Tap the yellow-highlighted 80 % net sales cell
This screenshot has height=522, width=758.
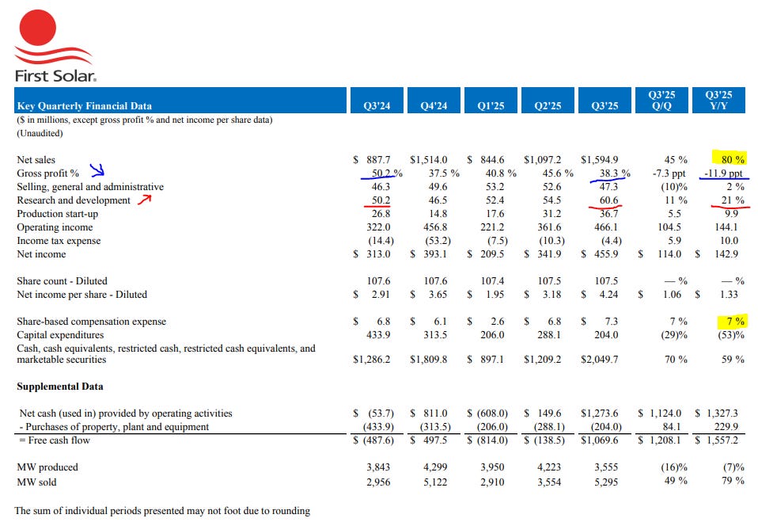pyautogui.click(x=730, y=160)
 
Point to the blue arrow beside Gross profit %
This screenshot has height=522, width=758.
pyautogui.click(x=97, y=170)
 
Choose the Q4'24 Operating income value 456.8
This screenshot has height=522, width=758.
pyautogui.click(x=434, y=227)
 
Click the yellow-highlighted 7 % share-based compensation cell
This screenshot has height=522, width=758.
pyautogui.click(x=733, y=322)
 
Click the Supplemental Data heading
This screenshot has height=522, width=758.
pyautogui.click(x=60, y=387)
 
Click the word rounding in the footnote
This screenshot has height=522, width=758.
pyautogui.click(x=288, y=511)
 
